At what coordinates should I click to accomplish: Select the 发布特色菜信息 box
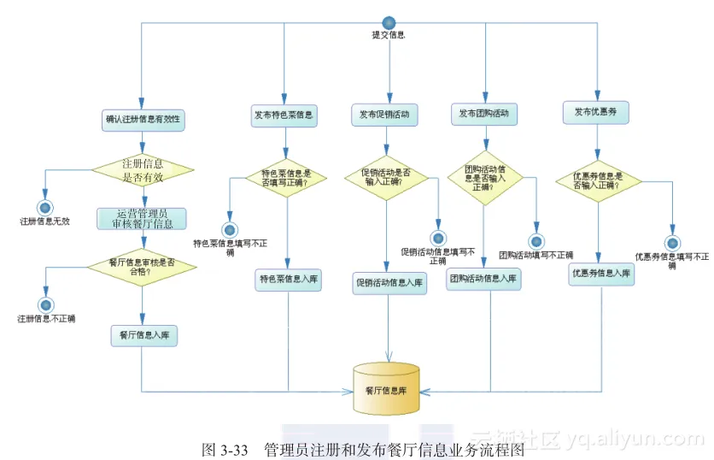[284, 115]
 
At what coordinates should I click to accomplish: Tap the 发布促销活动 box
[383, 115]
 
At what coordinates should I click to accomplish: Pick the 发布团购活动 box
[483, 114]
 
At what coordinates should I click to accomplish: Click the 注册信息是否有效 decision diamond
[143, 170]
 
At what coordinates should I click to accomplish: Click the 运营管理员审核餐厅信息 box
[142, 218]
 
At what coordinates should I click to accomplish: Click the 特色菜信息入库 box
[288, 279]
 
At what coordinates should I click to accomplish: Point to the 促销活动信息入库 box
[389, 284]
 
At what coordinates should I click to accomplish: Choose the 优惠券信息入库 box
[601, 274]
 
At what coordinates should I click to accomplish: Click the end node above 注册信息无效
[45, 207]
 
